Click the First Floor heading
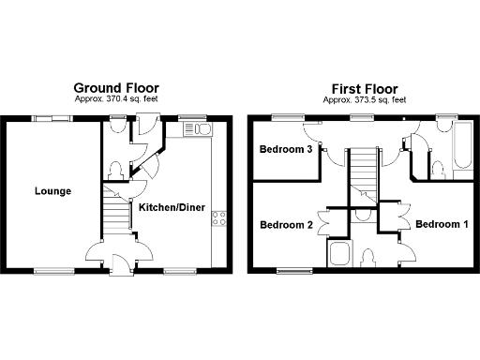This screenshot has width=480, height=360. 365,89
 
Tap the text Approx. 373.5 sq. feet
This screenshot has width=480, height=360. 365,99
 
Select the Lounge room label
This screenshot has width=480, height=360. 53,191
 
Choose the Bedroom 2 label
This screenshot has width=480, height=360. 286,225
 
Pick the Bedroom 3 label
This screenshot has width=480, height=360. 286,150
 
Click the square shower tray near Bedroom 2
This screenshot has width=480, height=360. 338,254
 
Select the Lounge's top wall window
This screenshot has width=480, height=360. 52,118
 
